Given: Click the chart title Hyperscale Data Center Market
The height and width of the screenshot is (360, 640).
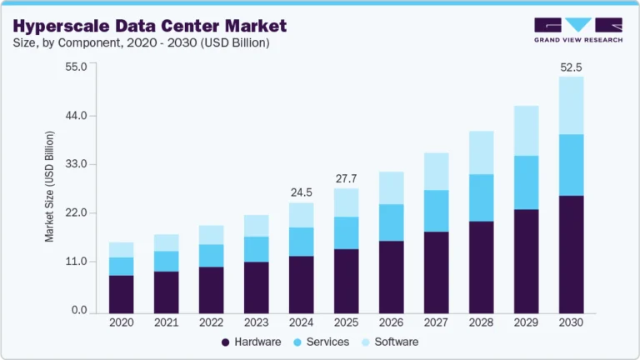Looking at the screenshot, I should point(150,26).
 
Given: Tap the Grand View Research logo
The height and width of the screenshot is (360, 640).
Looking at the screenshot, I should point(577,29).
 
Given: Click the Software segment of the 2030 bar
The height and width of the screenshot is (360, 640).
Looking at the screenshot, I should point(571,105).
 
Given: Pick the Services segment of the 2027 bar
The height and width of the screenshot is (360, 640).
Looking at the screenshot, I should point(436,211).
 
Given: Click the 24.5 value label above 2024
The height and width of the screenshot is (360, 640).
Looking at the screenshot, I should point(301,192).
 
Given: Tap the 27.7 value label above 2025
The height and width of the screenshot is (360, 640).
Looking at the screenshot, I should point(346,178).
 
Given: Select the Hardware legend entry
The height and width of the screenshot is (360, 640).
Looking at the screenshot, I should point(250,342).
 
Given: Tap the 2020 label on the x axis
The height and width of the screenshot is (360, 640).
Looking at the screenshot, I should point(121,322).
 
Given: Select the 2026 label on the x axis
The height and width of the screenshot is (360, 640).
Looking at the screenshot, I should point(391,322).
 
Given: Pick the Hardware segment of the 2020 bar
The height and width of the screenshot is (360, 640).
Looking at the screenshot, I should point(121,294).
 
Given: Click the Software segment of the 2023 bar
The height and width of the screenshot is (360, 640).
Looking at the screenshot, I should point(256,226).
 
